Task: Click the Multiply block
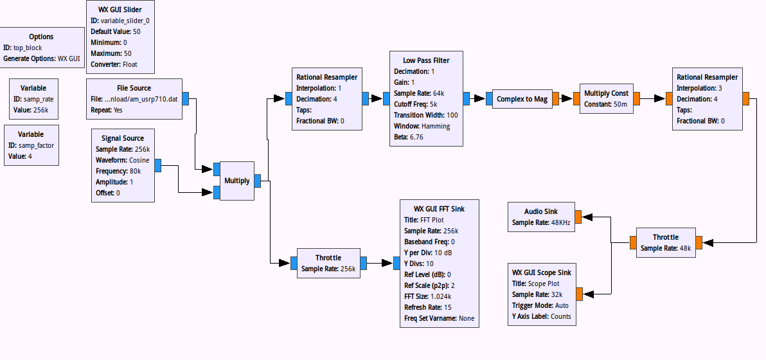(x=236, y=181)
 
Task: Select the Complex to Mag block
(x=522, y=99)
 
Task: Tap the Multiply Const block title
(x=606, y=93)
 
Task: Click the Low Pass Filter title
(x=426, y=60)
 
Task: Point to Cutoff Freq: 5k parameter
(x=416, y=104)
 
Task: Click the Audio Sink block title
(x=541, y=212)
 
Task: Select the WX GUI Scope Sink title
(x=541, y=272)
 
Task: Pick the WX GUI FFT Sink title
(x=439, y=209)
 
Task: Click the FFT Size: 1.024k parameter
(x=427, y=296)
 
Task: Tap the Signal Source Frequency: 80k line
(x=118, y=171)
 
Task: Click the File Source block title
(x=134, y=88)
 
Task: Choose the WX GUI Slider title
(x=121, y=10)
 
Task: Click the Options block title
(x=41, y=37)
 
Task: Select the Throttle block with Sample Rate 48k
(x=665, y=242)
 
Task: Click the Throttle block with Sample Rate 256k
(x=328, y=263)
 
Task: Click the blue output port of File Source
(x=185, y=99)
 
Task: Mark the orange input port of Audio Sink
(x=578, y=217)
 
